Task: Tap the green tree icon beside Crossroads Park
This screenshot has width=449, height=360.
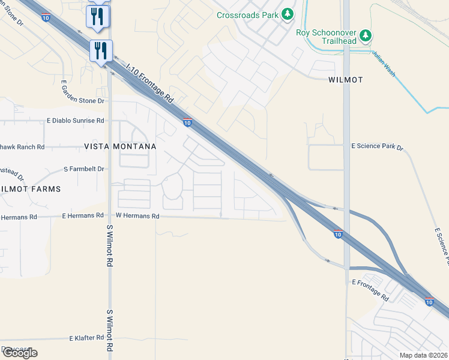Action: click(288, 13)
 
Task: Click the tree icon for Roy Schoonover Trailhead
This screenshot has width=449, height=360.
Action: click(366, 36)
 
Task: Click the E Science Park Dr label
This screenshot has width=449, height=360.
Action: click(378, 146)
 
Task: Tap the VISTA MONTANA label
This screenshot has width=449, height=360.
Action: click(120, 146)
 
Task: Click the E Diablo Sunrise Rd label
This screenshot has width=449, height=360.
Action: click(75, 121)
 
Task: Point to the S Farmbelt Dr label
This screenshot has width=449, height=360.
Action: click(83, 169)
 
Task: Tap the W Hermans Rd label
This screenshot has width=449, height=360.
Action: click(137, 215)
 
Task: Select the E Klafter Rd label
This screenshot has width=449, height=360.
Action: click(86, 338)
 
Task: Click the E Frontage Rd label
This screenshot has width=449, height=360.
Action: click(371, 290)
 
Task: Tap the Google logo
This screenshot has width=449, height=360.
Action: click(19, 353)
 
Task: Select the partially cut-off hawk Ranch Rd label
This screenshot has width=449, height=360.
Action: click(22, 146)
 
